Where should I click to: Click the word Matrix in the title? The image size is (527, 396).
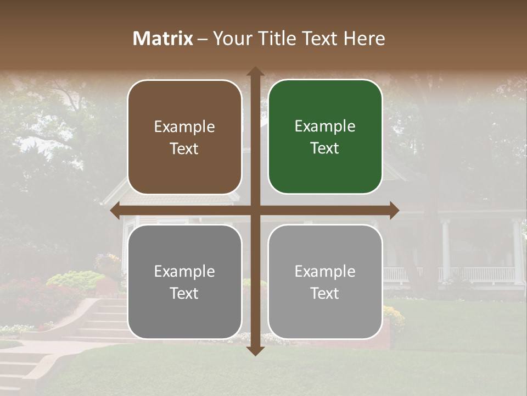pos(163,38)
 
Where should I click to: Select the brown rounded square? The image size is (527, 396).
pos(184,137)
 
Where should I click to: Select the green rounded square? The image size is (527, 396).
pos(325,137)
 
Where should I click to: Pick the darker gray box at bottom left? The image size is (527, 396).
pos(184,282)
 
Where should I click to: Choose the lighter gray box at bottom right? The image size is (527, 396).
pos(325,282)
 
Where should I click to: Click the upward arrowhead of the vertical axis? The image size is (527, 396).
pos(255,71)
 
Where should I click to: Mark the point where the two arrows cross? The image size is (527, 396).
pos(255,211)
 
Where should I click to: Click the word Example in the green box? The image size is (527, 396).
pos(325,127)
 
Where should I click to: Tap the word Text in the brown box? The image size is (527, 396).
pos(184,149)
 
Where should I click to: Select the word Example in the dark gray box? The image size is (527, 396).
pos(184,271)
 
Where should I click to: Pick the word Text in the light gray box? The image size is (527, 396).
pos(325,293)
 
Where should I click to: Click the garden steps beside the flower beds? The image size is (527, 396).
pos(104,319)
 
